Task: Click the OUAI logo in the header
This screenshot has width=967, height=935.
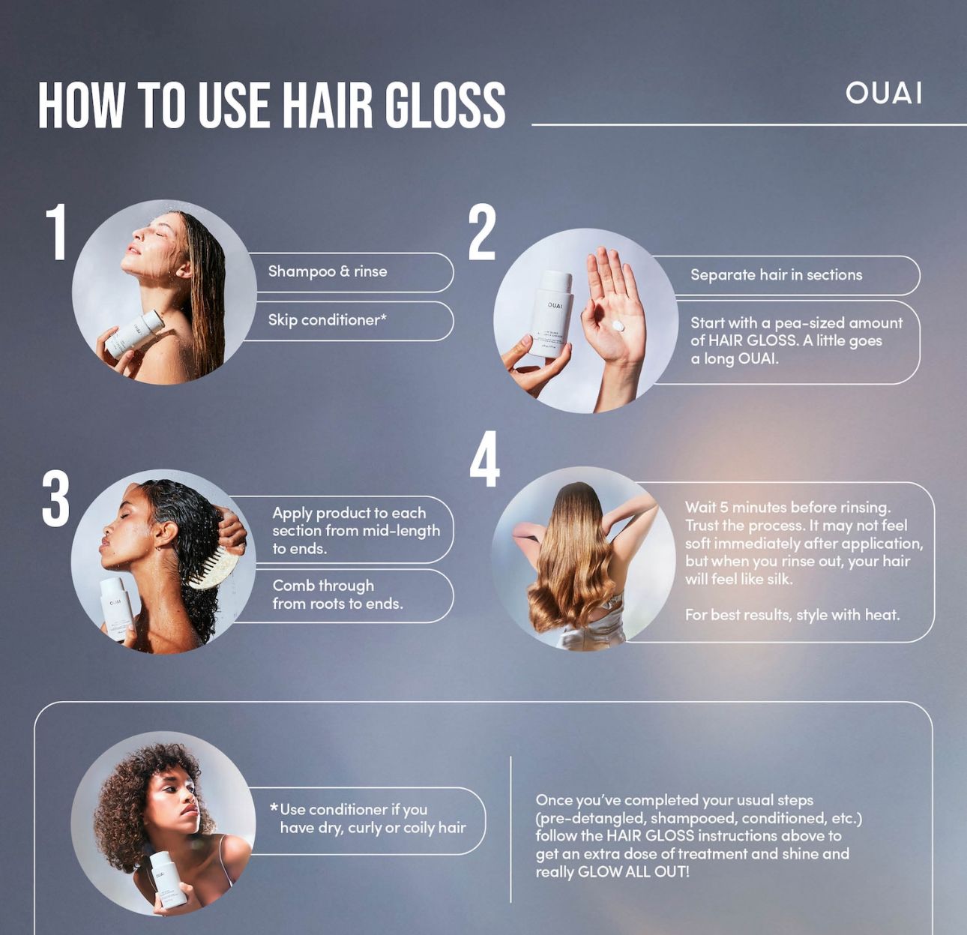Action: [x=883, y=93]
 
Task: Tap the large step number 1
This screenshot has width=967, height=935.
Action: [x=57, y=232]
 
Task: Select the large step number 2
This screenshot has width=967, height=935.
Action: [x=482, y=233]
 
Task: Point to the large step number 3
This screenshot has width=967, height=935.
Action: [x=55, y=499]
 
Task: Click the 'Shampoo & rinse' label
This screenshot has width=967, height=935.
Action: [x=328, y=271]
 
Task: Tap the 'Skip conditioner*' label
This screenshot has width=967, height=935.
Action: [x=327, y=320]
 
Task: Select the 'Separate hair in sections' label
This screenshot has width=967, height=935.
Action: [x=776, y=275]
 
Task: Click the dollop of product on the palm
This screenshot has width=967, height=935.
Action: [x=618, y=326]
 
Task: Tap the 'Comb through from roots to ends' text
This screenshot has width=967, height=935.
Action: [x=337, y=595]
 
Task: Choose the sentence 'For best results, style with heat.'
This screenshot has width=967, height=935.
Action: [x=792, y=615]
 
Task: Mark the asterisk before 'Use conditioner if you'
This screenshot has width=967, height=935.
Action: [x=274, y=808]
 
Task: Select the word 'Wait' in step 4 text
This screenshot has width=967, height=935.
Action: [x=700, y=508]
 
